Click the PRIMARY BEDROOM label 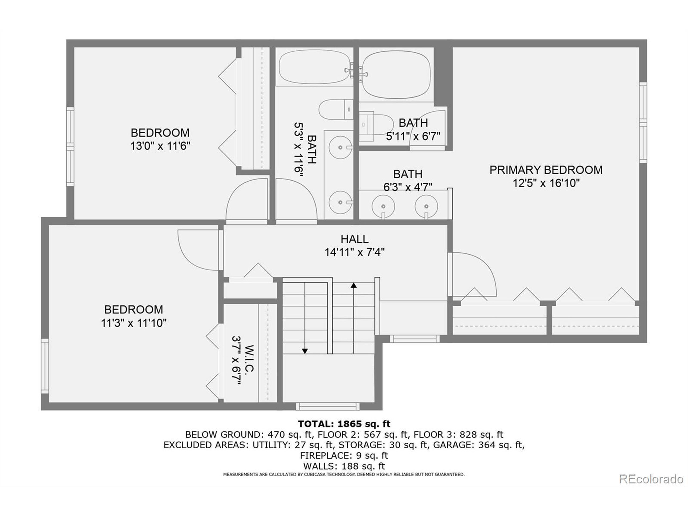(546, 170)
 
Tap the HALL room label (354, 239)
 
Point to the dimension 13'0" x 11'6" (160, 146)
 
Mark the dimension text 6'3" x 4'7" (408, 187)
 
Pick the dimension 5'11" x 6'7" (413, 136)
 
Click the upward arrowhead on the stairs (354, 285)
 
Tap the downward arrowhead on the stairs (305, 351)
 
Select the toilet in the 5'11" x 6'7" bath (376, 125)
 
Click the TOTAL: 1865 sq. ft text (344, 424)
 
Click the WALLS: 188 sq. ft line (344, 466)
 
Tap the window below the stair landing (328, 406)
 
